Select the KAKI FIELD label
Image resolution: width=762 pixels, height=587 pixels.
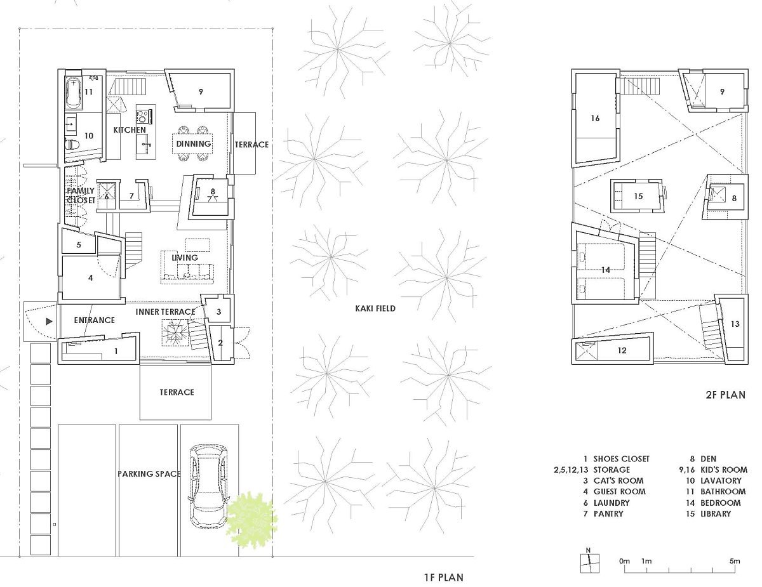375,308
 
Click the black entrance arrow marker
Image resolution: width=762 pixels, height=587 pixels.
49,321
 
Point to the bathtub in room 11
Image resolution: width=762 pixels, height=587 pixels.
74,93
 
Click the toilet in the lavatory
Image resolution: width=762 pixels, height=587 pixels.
72,144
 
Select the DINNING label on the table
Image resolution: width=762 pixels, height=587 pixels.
193,143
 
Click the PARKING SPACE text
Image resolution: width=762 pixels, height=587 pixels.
149,473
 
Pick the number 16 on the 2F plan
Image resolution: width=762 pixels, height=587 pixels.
595,118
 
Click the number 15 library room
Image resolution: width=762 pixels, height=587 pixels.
638,196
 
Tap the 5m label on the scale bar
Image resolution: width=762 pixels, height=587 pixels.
735,561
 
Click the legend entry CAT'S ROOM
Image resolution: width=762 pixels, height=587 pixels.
618,480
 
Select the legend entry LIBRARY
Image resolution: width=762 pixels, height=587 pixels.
716,513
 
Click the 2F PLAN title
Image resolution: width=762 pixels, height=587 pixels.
726,395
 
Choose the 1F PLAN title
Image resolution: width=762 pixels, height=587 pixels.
444,577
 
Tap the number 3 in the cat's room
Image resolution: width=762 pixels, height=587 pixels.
219,312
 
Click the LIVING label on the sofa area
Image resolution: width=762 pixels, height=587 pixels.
184,258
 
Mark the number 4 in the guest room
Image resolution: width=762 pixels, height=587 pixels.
90,278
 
